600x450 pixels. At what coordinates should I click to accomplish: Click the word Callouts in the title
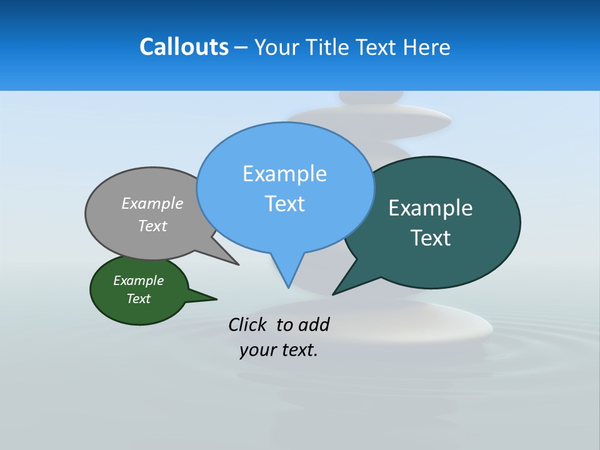tap(184, 47)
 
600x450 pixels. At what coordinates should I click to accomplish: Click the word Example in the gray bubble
tap(152, 203)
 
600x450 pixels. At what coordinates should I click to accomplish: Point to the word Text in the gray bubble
tap(152, 226)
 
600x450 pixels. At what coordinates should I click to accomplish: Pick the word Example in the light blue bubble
tap(284, 174)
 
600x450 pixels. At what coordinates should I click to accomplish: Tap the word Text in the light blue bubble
tap(284, 204)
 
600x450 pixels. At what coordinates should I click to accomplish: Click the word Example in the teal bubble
tap(431, 208)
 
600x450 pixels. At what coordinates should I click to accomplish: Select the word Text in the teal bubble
tap(431, 238)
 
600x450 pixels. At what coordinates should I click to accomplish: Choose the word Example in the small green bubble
tap(138, 281)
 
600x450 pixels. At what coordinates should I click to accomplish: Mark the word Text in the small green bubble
tap(138, 299)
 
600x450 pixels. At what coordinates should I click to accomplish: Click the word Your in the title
tap(279, 47)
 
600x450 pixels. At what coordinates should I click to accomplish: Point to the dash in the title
tap(241, 47)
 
